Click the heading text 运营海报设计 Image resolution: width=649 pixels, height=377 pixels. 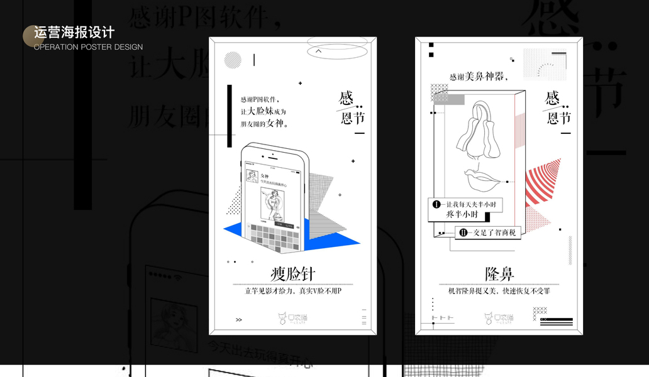pyautogui.click(x=74, y=33)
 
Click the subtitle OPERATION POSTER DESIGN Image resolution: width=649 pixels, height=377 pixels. pyautogui.click(x=88, y=47)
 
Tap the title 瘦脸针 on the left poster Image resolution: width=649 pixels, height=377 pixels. pyautogui.click(x=292, y=274)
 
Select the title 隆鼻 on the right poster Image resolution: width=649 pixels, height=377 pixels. pyautogui.click(x=499, y=274)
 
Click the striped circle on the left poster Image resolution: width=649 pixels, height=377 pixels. pyautogui.click(x=233, y=60)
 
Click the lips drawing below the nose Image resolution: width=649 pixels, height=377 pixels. pyautogui.click(x=483, y=181)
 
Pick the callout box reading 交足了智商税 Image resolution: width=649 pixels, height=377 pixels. pyautogui.click(x=488, y=232)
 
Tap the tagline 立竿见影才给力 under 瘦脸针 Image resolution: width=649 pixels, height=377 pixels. pyautogui.click(x=292, y=291)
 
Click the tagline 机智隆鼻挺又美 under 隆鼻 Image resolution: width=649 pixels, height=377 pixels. pyautogui.click(x=499, y=291)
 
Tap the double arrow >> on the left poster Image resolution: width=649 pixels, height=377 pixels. pyautogui.click(x=239, y=320)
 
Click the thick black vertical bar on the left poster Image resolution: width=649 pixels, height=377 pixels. pyautogui.click(x=230, y=107)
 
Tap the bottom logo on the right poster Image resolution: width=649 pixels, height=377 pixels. pyautogui.click(x=499, y=319)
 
